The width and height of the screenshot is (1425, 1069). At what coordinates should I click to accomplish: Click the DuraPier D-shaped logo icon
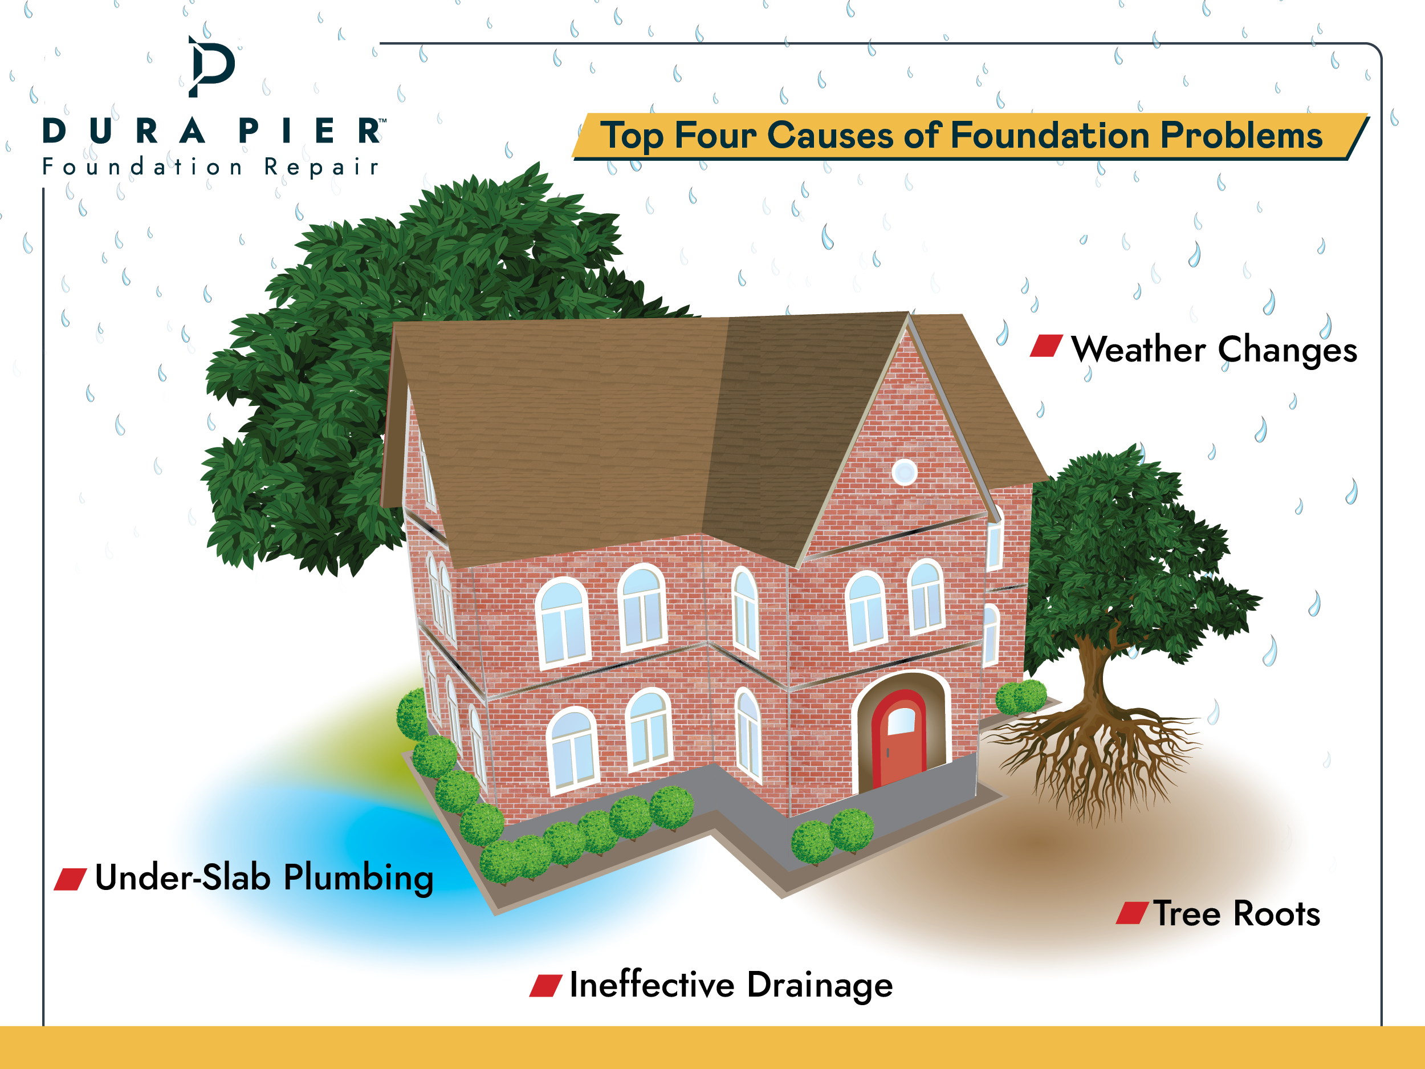point(211,66)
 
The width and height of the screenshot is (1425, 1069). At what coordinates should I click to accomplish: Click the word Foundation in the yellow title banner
point(1049,135)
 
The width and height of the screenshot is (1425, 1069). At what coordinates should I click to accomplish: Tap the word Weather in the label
point(1138,350)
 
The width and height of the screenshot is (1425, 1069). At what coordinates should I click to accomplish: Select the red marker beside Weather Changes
point(1046,346)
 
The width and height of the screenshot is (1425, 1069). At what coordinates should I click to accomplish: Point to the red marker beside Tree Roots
point(1132,913)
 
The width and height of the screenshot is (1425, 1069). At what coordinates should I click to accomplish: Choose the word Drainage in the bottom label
point(820,986)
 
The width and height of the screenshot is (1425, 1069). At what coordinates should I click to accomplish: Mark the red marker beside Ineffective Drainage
point(545,986)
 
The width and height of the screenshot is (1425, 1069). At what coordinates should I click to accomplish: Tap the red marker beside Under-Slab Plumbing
point(70,879)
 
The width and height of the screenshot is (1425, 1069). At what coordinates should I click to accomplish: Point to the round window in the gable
point(905,472)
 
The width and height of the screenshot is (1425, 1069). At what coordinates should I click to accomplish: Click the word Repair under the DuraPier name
point(321,167)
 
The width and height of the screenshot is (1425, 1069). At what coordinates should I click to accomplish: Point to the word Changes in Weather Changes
point(1287,351)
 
